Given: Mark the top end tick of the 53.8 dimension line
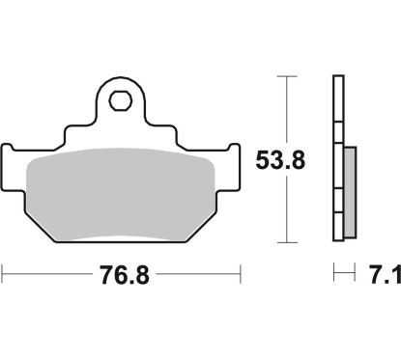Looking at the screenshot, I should click(286, 76).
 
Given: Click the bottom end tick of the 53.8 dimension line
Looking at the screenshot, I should click(286, 241).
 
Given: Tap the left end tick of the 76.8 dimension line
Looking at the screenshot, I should click(3, 276).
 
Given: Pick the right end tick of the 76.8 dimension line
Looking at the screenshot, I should click(241, 276).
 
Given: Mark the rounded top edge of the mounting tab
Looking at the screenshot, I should click(121, 80).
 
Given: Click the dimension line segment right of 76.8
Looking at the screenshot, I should click(198, 276).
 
